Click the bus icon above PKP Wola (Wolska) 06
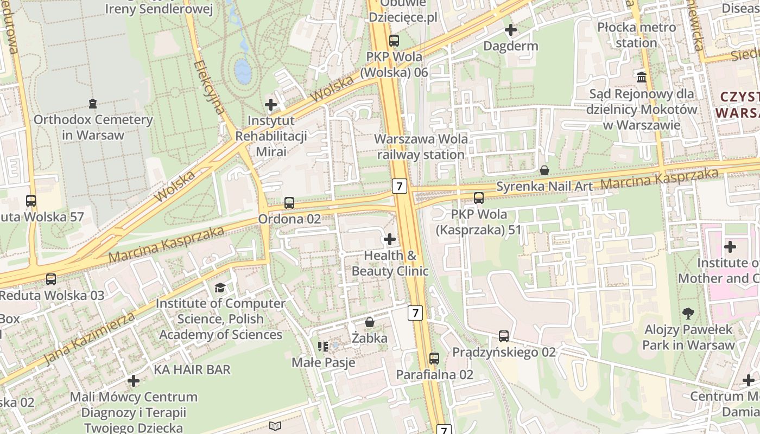tap(394, 40)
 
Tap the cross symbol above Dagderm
tap(511, 30)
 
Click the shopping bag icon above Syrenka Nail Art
tap(544, 170)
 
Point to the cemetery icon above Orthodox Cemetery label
tap(93, 103)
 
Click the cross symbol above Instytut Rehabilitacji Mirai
tap(271, 104)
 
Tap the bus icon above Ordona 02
tap(289, 203)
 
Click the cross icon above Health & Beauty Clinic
tap(390, 239)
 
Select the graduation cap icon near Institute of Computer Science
tap(220, 288)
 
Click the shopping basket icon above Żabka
tap(370, 322)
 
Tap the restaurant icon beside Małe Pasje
tap(323, 346)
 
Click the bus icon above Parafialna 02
tap(434, 358)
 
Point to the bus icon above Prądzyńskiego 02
tap(504, 336)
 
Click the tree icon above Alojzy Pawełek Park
tap(688, 313)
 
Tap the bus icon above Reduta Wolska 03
tap(51, 279)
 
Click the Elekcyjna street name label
tap(209, 87)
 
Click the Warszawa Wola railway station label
tap(421, 146)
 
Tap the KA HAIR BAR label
tap(193, 369)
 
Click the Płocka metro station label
tap(637, 35)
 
